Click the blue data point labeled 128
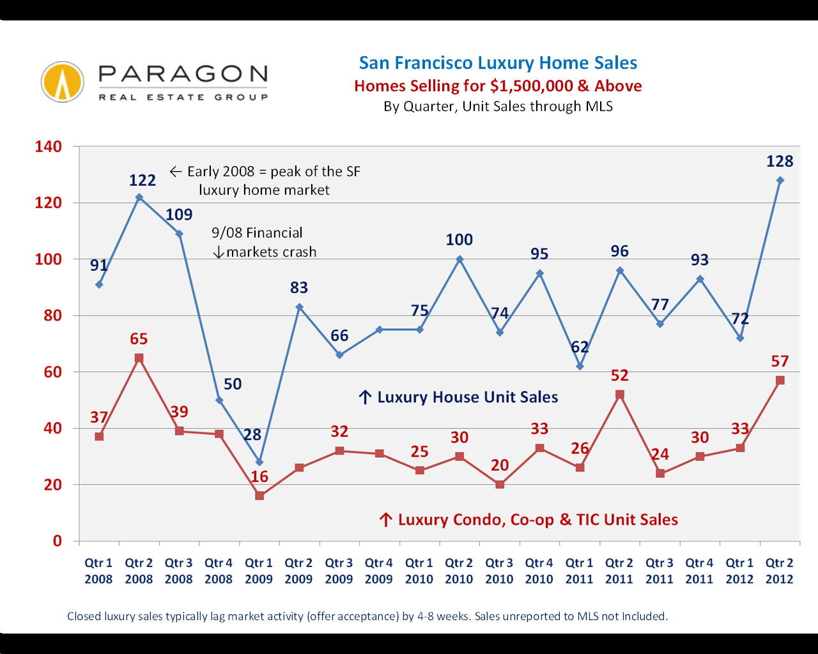[780, 181]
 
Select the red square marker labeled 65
[139, 358]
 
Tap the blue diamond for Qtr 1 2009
[259, 462]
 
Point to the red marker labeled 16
[259, 496]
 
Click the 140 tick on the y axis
[49, 146]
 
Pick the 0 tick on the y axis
[58, 541]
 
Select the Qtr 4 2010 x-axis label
[539, 571]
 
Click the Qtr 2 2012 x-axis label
[780, 571]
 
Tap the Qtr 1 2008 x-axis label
[98, 571]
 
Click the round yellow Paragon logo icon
[63, 82]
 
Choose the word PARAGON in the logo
[183, 74]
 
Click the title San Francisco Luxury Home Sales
[498, 63]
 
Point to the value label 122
[143, 180]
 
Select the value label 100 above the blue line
[459, 240]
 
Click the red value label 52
[620, 375]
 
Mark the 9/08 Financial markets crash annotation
[264, 242]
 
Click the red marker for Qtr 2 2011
[620, 395]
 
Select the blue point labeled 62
[580, 366]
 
